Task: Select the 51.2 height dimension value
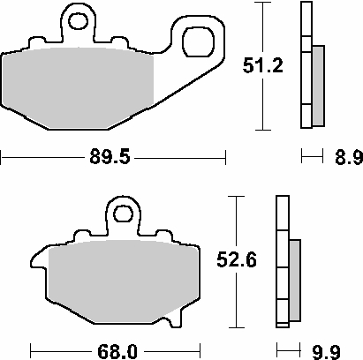click(262, 64)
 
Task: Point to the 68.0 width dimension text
click(117, 349)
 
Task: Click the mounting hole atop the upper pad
click(79, 19)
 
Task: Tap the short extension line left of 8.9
click(310, 158)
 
